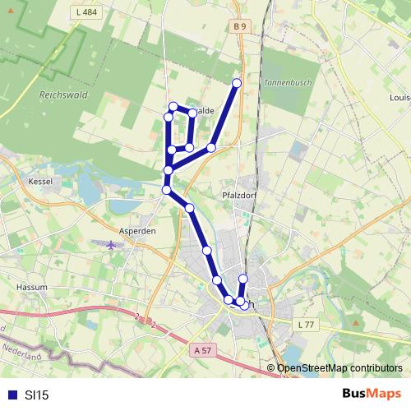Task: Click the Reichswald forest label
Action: (62, 95)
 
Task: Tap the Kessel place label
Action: (40, 180)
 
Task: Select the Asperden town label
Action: (137, 231)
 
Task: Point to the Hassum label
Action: (32, 287)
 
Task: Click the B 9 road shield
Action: (239, 26)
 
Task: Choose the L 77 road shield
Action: (306, 326)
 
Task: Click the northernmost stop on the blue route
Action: (237, 83)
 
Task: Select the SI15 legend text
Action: (36, 395)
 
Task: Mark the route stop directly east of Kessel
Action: (168, 171)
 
